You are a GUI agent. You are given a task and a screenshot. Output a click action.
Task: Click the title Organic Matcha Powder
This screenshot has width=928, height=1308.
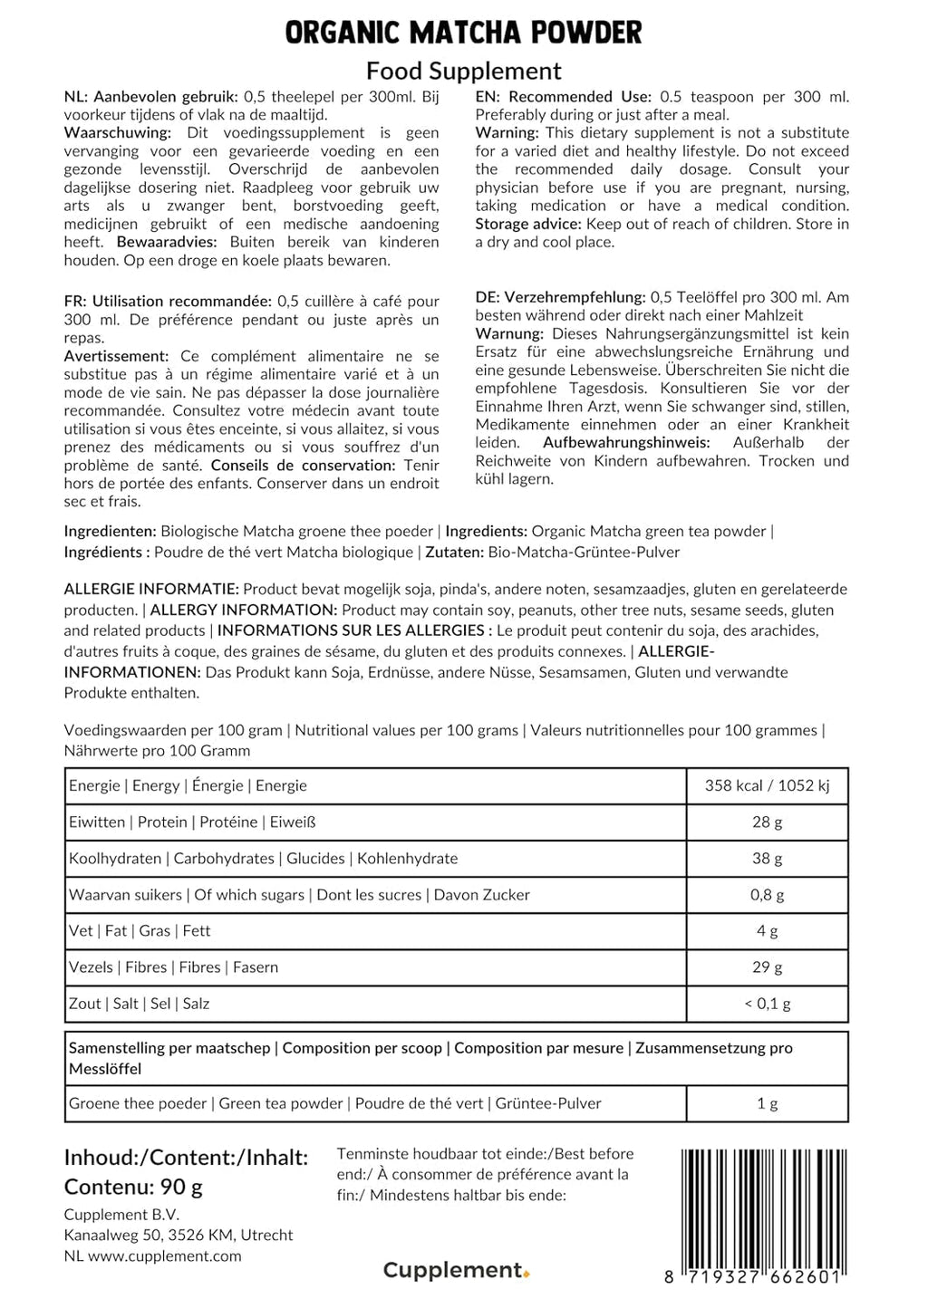click(x=463, y=33)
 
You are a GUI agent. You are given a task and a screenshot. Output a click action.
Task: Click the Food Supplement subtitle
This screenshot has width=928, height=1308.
click(x=463, y=71)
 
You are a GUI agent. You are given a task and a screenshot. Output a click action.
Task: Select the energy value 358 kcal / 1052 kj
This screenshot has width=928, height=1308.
click(x=767, y=785)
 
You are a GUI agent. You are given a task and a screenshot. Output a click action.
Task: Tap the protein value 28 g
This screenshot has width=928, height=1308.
click(x=767, y=822)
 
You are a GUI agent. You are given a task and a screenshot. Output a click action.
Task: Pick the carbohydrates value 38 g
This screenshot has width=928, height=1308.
click(x=767, y=858)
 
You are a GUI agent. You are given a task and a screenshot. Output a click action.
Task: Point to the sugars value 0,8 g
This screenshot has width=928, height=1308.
click(x=767, y=894)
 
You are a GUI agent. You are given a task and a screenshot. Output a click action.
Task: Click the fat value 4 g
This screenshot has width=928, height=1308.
click(x=767, y=930)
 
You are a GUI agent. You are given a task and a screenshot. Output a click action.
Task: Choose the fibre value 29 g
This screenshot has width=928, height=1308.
click(x=767, y=967)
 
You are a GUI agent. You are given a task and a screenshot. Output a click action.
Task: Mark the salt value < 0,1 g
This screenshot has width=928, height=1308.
click(x=767, y=1003)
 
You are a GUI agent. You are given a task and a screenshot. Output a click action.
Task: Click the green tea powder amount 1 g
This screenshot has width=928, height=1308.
click(x=767, y=1103)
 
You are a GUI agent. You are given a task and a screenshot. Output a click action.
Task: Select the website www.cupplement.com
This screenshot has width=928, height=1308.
click(x=165, y=1255)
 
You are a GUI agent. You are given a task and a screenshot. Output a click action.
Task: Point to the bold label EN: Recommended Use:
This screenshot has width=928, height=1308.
click(x=563, y=97)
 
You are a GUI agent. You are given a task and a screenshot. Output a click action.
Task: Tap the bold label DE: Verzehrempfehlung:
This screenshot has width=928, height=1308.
click(x=560, y=297)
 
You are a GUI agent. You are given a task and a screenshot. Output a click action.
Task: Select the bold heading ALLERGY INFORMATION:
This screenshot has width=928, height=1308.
click(x=244, y=610)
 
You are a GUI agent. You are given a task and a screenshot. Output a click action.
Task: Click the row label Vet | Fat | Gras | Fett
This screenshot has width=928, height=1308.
click(x=140, y=930)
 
